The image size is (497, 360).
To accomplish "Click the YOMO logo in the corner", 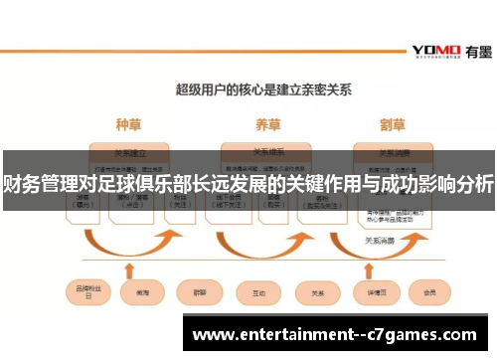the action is click(435, 51).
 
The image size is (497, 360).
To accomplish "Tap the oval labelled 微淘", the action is click(136, 293).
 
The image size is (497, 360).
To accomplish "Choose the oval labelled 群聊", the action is click(196, 293).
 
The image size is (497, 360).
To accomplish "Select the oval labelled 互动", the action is click(257, 293).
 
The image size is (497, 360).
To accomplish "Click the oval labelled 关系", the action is click(319, 293).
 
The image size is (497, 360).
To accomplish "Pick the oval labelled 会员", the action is click(430, 293).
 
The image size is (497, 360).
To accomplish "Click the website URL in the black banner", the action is click(339, 334).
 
